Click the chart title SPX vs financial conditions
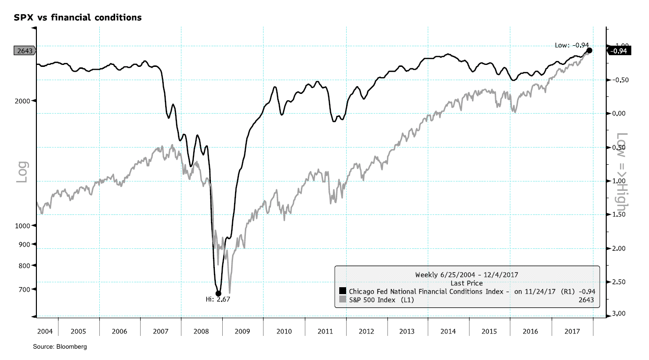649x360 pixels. click(78, 18)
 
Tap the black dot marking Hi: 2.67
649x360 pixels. click(218, 294)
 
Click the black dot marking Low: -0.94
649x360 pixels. click(589, 50)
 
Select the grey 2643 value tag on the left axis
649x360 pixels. click(24, 50)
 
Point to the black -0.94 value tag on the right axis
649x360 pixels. click(619, 51)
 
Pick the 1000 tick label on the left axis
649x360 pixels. click(23, 226)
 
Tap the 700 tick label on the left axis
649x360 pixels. click(25, 289)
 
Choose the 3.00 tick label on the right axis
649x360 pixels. click(618, 314)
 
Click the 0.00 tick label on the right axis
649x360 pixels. click(618, 114)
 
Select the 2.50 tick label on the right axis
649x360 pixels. click(618, 282)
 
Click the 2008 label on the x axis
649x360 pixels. click(202, 331)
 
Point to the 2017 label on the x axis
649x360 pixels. click(572, 331)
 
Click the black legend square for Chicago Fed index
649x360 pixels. click(343, 291)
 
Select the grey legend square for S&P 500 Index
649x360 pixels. click(343, 300)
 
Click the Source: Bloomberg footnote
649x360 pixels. click(60, 347)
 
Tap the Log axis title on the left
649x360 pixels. click(22, 172)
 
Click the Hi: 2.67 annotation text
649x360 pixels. click(218, 300)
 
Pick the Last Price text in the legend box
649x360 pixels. click(467, 283)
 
